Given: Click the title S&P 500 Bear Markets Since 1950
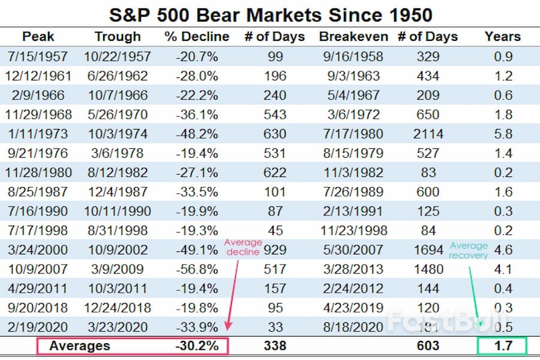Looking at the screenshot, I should click(271, 14).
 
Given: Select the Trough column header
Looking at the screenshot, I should click(118, 37).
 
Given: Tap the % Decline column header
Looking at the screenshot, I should click(197, 37).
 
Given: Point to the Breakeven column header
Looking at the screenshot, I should click(355, 37).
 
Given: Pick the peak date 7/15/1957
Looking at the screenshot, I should click(37, 57).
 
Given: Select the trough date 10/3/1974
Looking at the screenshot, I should click(118, 134).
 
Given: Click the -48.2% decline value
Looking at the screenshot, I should click(197, 134).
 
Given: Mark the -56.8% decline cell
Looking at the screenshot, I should click(197, 269).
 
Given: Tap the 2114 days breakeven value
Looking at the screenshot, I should click(427, 134).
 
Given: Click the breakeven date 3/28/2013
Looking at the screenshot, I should click(355, 269).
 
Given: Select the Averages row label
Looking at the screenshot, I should click(80, 346).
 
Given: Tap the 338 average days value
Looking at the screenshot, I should click(275, 346).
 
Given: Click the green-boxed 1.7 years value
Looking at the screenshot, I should click(502, 346).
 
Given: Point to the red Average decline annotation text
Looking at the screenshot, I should click(243, 247).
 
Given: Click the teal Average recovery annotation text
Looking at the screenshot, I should click(469, 251).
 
